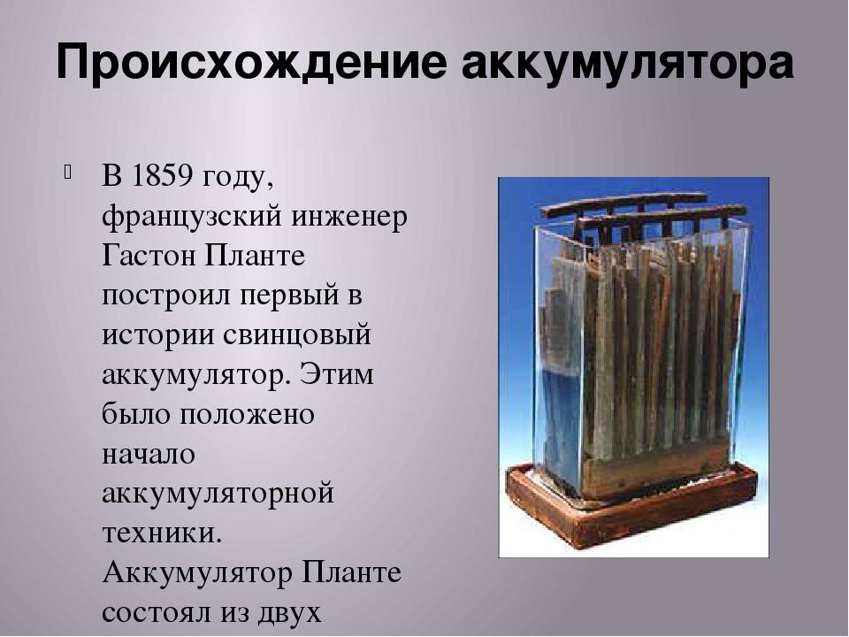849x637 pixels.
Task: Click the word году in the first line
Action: pos(237,178)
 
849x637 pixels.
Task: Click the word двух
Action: pos(295,613)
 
